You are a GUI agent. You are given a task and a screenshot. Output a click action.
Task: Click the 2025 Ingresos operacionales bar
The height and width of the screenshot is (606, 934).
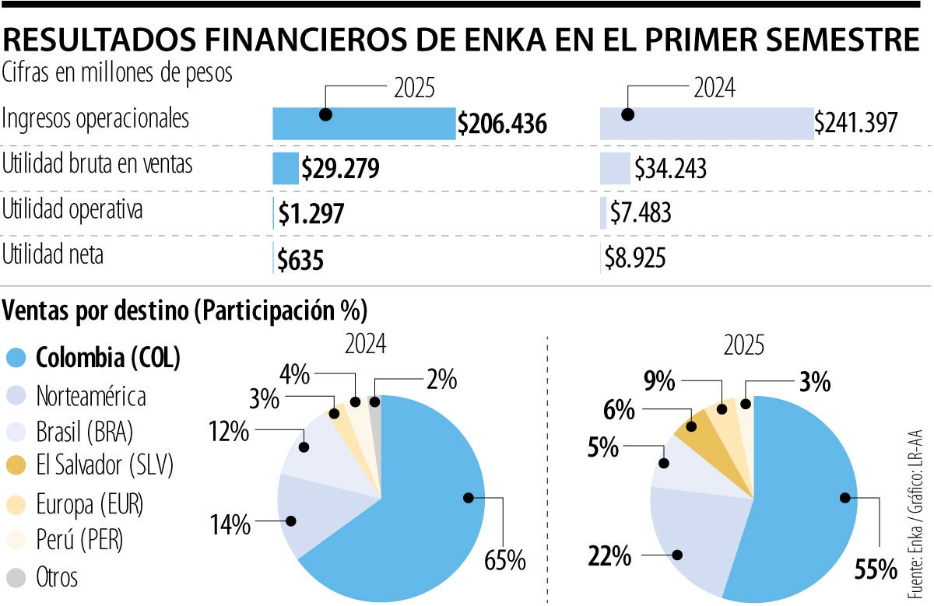click(x=363, y=124)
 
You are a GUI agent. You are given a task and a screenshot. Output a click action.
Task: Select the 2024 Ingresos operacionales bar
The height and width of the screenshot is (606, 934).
click(x=706, y=124)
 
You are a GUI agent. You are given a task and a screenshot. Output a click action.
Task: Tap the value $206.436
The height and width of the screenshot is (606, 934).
click(x=503, y=124)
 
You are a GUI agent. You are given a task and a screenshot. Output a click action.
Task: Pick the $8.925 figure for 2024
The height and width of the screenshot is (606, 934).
click(x=635, y=258)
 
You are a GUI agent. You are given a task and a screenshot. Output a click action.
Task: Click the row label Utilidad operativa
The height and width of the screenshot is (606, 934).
click(x=72, y=211)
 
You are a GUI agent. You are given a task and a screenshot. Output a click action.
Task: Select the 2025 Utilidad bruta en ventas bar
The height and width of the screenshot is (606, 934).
click(x=286, y=168)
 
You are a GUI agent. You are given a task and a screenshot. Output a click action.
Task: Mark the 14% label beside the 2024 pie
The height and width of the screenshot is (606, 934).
click(x=230, y=525)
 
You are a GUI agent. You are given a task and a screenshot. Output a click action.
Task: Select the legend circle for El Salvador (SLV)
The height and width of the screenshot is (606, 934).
click(x=16, y=466)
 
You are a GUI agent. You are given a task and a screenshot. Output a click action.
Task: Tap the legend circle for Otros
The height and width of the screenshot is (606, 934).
click(x=16, y=578)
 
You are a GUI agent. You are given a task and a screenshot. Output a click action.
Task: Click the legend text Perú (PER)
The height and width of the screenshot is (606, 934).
click(x=79, y=540)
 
